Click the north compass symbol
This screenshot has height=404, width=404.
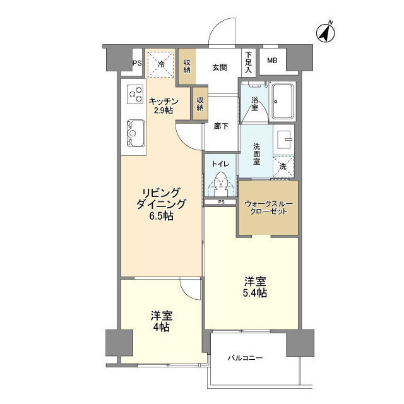326,32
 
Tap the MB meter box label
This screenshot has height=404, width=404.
272,61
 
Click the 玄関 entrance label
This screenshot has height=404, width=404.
220,68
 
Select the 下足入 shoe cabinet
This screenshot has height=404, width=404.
248,62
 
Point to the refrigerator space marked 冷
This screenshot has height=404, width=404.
161,63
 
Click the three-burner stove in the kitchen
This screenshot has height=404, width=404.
135,94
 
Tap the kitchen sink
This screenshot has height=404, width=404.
136,133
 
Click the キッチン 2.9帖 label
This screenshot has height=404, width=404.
163,106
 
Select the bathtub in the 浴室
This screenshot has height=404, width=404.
282,102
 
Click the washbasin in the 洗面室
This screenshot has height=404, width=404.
285,140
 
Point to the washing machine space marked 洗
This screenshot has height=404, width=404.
283,167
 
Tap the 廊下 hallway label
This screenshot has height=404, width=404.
221,126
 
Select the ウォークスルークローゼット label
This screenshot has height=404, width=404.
268,208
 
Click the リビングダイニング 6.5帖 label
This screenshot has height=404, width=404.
161,204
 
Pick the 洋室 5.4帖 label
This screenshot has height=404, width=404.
255,287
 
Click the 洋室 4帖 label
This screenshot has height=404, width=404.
162,321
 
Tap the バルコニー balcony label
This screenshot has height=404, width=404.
245,358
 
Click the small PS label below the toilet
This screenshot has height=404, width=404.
221,202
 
